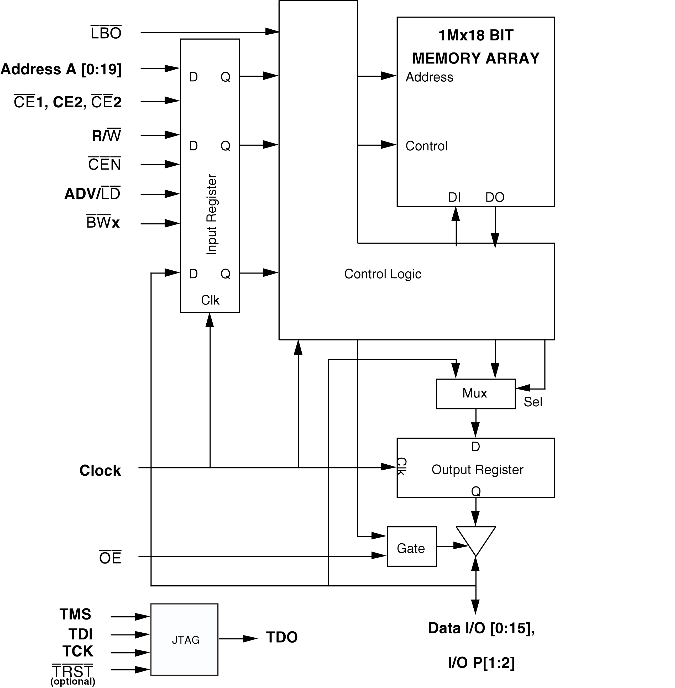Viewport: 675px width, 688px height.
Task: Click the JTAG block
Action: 184,639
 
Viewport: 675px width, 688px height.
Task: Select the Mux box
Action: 475,393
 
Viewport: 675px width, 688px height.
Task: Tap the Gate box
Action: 411,548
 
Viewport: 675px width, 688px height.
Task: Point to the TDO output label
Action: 282,637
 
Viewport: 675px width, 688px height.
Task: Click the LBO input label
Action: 106,33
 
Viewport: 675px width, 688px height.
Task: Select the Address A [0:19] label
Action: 61,69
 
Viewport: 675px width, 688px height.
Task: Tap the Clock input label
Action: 100,471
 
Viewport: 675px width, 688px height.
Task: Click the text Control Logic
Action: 383,274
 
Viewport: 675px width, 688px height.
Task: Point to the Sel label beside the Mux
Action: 533,402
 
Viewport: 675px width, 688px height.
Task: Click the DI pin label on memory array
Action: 454,197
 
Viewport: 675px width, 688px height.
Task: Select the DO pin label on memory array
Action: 495,197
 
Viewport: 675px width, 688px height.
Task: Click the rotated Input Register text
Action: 211,214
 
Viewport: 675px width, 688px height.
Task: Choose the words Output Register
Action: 477,470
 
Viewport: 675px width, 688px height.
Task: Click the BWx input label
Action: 103,223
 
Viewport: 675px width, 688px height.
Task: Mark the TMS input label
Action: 75,614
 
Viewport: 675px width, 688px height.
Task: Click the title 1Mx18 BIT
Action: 476,35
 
